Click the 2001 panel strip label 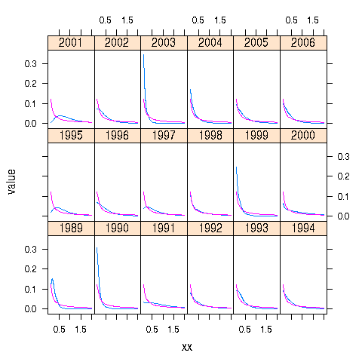(71, 42)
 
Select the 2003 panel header (164, 42)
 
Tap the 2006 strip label (302, 42)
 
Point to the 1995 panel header (71, 136)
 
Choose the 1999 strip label (256, 136)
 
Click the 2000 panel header (302, 136)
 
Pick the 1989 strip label (71, 229)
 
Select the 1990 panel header (117, 229)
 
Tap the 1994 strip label (302, 229)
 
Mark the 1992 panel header (210, 229)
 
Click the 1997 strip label (164, 136)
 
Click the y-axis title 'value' (13, 181)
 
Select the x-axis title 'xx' (187, 347)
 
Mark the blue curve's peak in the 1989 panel (52, 279)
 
